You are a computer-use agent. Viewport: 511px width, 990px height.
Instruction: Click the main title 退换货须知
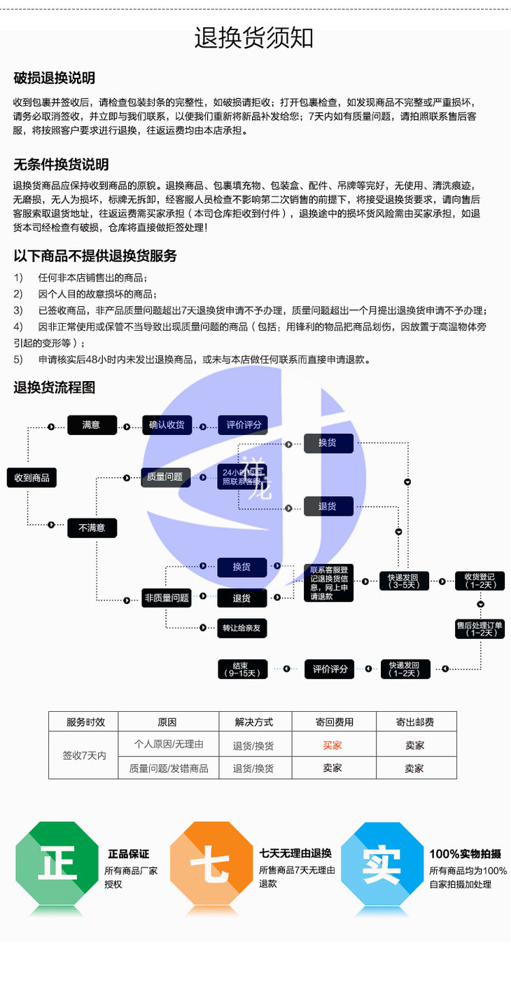pyautogui.click(x=254, y=38)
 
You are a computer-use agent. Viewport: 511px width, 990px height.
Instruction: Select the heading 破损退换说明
pyautogui.click(x=55, y=78)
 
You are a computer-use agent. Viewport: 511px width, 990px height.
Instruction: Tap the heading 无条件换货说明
pyautogui.click(x=62, y=165)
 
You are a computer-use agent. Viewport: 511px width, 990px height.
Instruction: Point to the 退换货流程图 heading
pyautogui.click(x=55, y=387)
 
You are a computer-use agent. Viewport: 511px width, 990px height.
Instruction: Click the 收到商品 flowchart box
pyautogui.click(x=32, y=478)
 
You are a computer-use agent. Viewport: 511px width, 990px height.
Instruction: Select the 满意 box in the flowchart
pyautogui.click(x=92, y=425)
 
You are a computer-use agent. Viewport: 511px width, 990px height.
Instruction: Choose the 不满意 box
pyautogui.click(x=92, y=528)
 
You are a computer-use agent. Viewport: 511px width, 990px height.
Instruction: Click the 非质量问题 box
pyautogui.click(x=167, y=598)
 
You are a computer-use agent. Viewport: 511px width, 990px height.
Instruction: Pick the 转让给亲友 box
pyautogui.click(x=241, y=628)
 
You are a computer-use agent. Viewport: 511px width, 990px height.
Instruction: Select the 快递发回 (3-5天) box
pyautogui.click(x=404, y=581)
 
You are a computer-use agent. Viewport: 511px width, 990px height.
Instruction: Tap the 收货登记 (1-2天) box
pyautogui.click(x=479, y=581)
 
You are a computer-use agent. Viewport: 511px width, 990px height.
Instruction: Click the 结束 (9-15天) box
pyautogui.click(x=241, y=669)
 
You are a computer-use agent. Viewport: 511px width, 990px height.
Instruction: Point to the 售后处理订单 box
pyautogui.click(x=479, y=628)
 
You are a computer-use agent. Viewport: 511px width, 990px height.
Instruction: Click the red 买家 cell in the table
pyautogui.click(x=332, y=745)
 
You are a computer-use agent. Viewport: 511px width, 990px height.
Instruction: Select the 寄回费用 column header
pyautogui.click(x=332, y=722)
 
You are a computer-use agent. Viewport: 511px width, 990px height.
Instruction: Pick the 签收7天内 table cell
pyautogui.click(x=83, y=756)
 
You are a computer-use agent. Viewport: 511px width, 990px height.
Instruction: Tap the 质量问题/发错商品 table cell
pyautogui.click(x=169, y=768)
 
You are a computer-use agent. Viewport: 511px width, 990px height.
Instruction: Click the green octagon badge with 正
pyautogui.click(x=57, y=867)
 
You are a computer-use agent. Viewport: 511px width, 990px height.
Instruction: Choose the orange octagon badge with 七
pyautogui.click(x=211, y=867)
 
